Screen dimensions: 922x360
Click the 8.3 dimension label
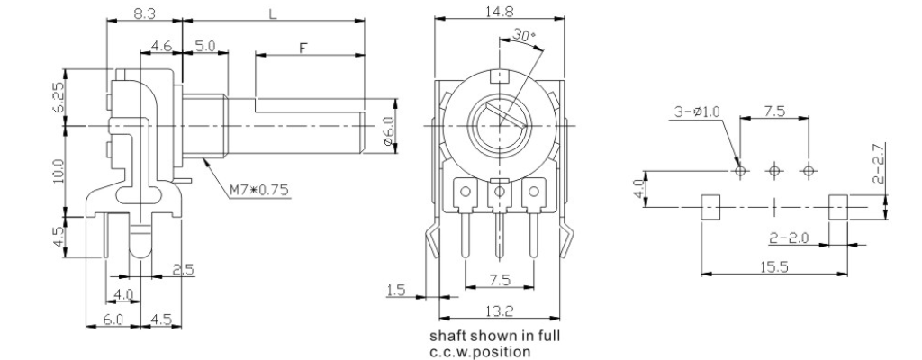[144, 13]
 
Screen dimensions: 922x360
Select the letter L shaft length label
[273, 13]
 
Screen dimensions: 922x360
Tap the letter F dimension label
[303, 48]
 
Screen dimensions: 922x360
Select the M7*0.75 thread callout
[259, 190]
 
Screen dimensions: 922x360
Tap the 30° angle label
[523, 35]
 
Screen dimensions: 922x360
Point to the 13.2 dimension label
[500, 311]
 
